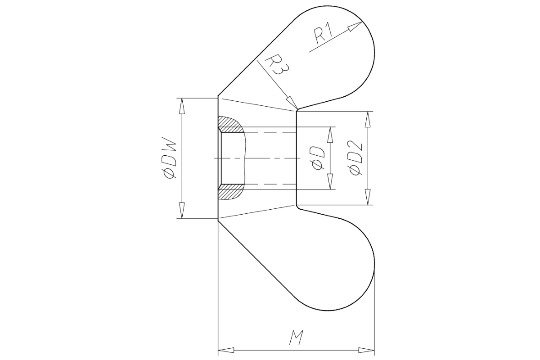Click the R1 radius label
coord(323,35)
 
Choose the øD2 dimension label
coord(354,158)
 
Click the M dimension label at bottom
coord(296,337)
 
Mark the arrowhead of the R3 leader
coord(292,104)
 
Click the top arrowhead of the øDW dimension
coord(182,105)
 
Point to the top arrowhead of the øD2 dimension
coord(368,118)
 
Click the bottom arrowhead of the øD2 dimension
coord(368,198)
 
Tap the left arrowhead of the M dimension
coord(225,350)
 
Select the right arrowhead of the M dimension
coord(368,350)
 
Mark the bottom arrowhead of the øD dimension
coord(330,183)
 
